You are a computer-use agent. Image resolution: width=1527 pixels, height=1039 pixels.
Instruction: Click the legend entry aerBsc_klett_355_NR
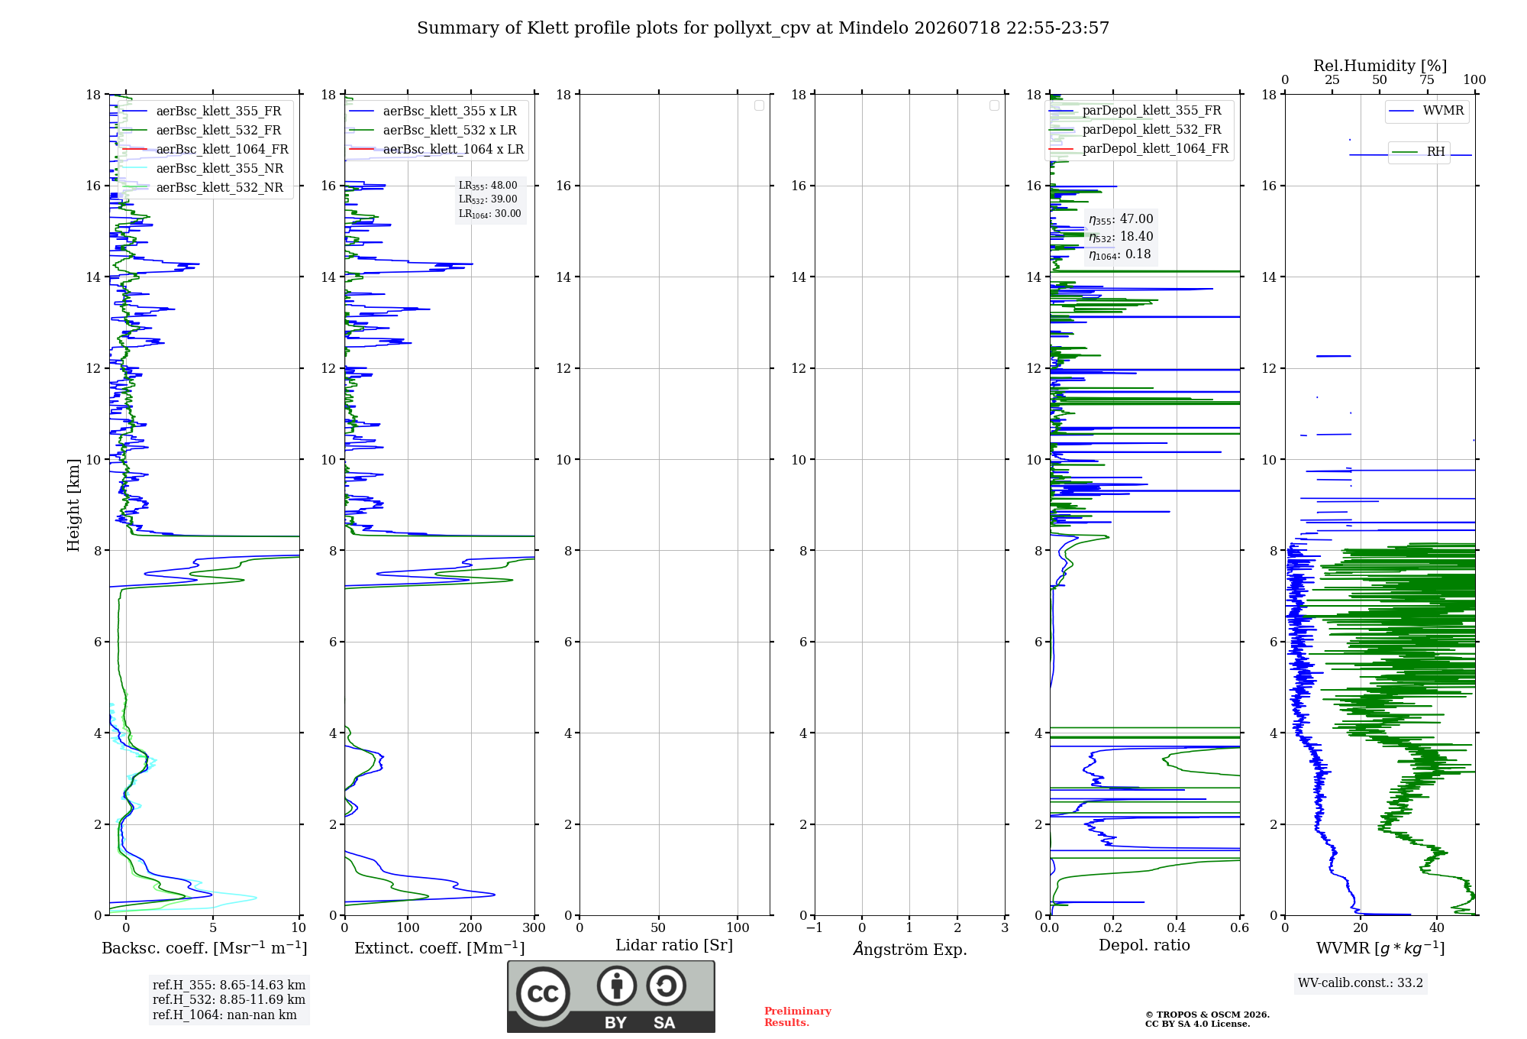click(x=220, y=168)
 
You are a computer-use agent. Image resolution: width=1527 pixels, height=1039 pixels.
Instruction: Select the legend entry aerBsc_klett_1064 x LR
click(x=454, y=149)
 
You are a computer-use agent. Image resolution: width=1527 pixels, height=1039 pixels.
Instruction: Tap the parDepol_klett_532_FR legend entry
click(x=1151, y=130)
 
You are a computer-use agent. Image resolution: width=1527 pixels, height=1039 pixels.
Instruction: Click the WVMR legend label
click(x=1443, y=111)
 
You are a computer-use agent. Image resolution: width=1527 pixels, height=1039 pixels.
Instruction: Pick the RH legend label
click(x=1435, y=151)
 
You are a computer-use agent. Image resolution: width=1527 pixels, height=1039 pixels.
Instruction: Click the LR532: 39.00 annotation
click(x=488, y=199)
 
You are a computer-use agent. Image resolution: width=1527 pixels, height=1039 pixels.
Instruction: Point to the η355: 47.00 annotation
click(x=1121, y=219)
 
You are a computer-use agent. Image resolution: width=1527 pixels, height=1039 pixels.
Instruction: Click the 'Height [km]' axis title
click(x=73, y=505)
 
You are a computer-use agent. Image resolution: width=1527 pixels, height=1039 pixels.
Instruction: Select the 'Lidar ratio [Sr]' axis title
click(x=674, y=945)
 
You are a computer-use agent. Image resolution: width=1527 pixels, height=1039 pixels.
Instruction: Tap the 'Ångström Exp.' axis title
click(x=910, y=949)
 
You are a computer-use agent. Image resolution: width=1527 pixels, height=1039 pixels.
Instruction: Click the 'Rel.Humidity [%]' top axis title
click(x=1380, y=66)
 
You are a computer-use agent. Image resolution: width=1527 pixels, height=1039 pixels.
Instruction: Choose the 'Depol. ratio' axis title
click(x=1144, y=945)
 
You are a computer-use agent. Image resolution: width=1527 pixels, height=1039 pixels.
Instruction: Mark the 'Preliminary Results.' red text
click(x=798, y=1017)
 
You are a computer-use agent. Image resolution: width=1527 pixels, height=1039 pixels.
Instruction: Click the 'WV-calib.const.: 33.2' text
click(x=1361, y=982)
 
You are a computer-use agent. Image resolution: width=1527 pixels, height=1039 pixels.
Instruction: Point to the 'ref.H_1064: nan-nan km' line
click(x=224, y=1015)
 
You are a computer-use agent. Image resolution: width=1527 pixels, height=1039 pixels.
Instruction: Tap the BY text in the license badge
click(x=615, y=1023)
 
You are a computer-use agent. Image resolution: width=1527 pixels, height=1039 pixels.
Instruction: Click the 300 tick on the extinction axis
click(x=534, y=927)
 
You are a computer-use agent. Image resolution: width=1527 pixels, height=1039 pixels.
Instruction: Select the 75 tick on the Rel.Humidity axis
click(x=1427, y=79)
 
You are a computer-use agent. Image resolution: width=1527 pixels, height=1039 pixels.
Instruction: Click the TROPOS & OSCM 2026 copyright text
click(x=1207, y=1015)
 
